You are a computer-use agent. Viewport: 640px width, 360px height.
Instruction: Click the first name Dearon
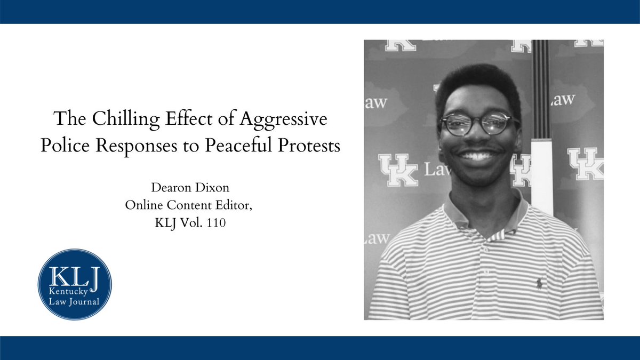pos(172,188)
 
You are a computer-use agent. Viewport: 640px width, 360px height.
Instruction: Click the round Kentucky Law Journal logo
pos(75,284)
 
